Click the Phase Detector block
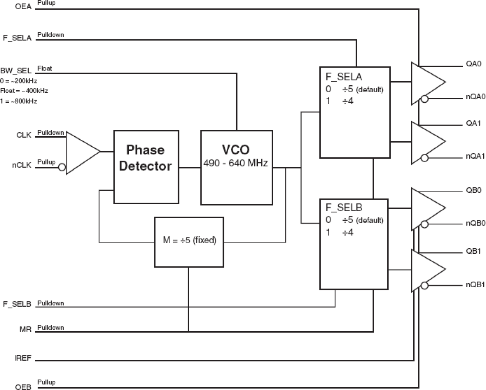click(x=146, y=167)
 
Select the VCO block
click(x=236, y=168)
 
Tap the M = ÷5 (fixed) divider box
click(x=189, y=242)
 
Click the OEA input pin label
click(x=23, y=7)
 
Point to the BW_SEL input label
click(x=16, y=71)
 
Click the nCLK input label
click(x=21, y=165)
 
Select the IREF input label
click(x=22, y=358)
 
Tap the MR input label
click(x=25, y=330)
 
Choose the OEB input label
click(x=23, y=387)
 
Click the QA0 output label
click(x=473, y=64)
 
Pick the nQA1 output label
click(x=475, y=156)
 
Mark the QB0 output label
click(x=474, y=190)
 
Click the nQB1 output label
click(x=475, y=285)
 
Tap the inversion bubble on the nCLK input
click(x=62, y=168)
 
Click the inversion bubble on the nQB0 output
click(x=424, y=224)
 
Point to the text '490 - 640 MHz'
click(x=236, y=163)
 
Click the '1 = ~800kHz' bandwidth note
click(x=19, y=101)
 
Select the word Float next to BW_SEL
click(x=44, y=68)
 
